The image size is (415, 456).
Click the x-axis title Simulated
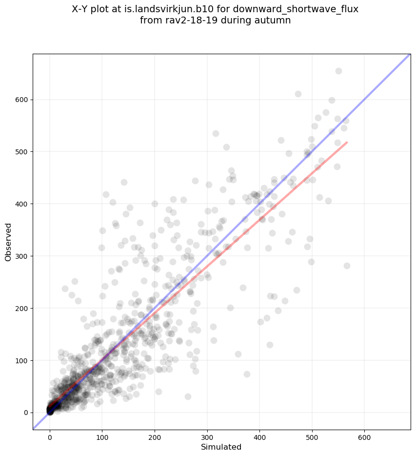coord(221,447)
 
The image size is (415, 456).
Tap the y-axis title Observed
coord(8,242)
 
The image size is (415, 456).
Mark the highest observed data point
coord(338,71)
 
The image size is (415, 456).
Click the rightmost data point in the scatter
coord(347,266)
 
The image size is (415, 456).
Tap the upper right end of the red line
coord(347,142)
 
